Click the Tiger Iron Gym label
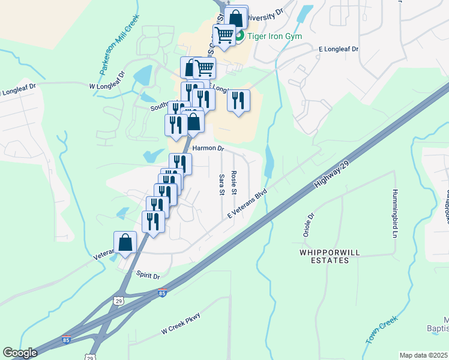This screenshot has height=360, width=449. pyautogui.click(x=275, y=36)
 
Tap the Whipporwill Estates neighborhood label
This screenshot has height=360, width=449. pyautogui.click(x=324, y=257)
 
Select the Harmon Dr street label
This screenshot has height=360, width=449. pyautogui.click(x=208, y=148)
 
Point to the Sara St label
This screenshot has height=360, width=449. pyautogui.click(x=221, y=184)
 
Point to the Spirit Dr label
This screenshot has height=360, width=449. pyautogui.click(x=148, y=277)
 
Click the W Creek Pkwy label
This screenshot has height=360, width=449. pyautogui.click(x=180, y=325)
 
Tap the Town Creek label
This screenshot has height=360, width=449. pyautogui.click(x=382, y=330)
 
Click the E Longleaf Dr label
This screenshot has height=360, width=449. pyautogui.click(x=338, y=49)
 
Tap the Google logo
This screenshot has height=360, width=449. pyautogui.click(x=20, y=353)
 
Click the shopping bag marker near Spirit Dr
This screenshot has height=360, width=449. pyautogui.click(x=126, y=243)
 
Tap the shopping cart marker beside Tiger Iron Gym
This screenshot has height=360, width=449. pyautogui.click(x=224, y=36)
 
